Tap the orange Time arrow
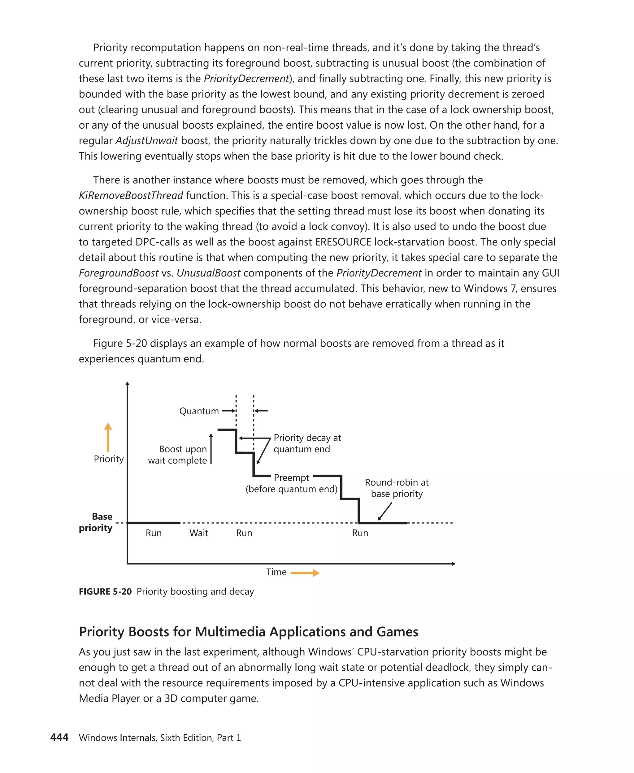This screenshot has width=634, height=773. pyautogui.click(x=305, y=573)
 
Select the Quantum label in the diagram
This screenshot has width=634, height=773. pyautogui.click(x=199, y=411)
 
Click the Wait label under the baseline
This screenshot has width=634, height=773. pyautogui.click(x=199, y=533)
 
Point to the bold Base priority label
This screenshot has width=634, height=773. pyautogui.click(x=96, y=522)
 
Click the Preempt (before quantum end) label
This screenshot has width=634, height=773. pyautogui.click(x=291, y=483)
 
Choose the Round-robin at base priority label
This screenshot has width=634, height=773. pyautogui.click(x=397, y=488)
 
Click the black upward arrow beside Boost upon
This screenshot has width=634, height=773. pyautogui.click(x=211, y=449)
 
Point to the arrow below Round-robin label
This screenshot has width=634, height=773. pyautogui.click(x=385, y=511)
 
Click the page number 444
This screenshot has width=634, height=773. pyautogui.click(x=59, y=737)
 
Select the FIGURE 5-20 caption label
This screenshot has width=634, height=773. pyautogui.click(x=105, y=591)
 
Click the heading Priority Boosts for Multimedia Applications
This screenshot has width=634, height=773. pyautogui.click(x=248, y=631)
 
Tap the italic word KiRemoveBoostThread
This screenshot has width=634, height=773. pyautogui.click(x=131, y=195)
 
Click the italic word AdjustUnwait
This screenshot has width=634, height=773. pyautogui.click(x=146, y=141)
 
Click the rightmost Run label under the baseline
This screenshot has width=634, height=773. pyautogui.click(x=360, y=533)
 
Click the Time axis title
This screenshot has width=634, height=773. pyautogui.click(x=276, y=572)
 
